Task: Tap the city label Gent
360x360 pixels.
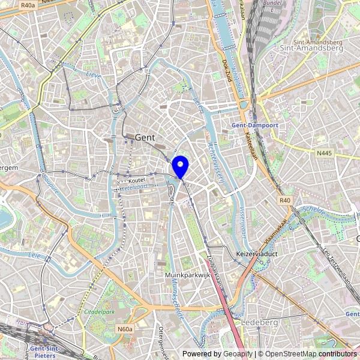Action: click(x=145, y=137)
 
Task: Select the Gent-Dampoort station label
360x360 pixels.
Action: click(x=254, y=125)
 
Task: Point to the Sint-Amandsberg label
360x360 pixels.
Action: click(x=311, y=48)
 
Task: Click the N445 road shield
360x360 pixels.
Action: click(x=323, y=154)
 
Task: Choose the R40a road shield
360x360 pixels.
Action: click(x=28, y=5)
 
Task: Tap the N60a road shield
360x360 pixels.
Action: click(x=125, y=329)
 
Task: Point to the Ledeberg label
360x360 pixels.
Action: click(x=259, y=322)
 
